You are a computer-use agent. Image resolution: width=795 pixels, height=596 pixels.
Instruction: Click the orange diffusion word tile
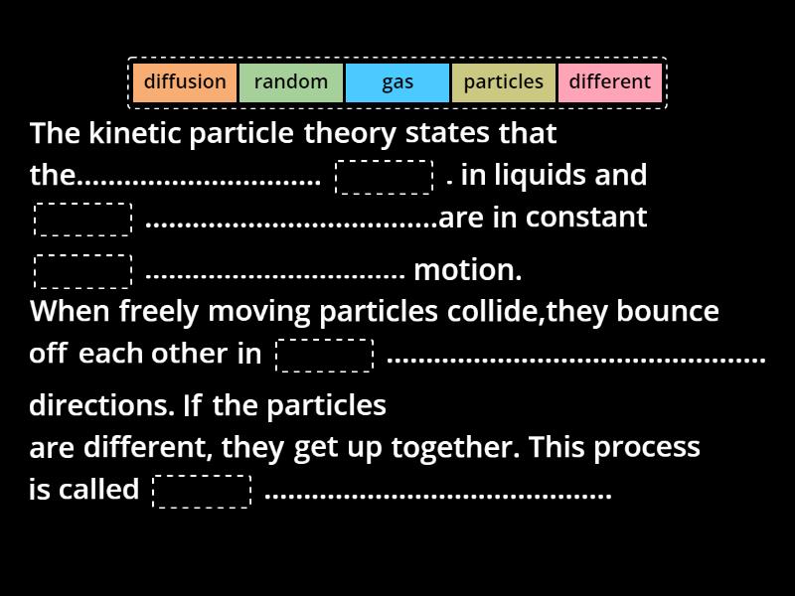pyautogui.click(x=185, y=82)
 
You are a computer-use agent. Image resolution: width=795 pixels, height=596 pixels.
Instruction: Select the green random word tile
pyautogui.click(x=291, y=82)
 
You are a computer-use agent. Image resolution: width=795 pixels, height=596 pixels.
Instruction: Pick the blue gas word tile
pyautogui.click(x=397, y=82)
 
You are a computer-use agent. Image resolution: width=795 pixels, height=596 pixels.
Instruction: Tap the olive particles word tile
pyautogui.click(x=504, y=82)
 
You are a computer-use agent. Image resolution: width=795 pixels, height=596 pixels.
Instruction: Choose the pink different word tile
pyautogui.click(x=610, y=82)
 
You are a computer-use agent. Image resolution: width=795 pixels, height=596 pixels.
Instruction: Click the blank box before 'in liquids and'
pyautogui.click(x=385, y=177)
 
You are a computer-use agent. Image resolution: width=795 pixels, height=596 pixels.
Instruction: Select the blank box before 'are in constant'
pyautogui.click(x=82, y=220)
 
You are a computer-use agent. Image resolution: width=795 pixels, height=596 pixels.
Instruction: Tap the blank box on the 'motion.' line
pyautogui.click(x=82, y=271)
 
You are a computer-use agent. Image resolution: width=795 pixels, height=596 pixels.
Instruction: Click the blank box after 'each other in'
pyautogui.click(x=324, y=356)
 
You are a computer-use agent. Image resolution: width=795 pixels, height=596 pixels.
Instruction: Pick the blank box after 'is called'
pyautogui.click(x=202, y=492)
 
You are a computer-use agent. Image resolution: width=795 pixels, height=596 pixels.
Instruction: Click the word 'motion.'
pyautogui.click(x=467, y=269)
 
